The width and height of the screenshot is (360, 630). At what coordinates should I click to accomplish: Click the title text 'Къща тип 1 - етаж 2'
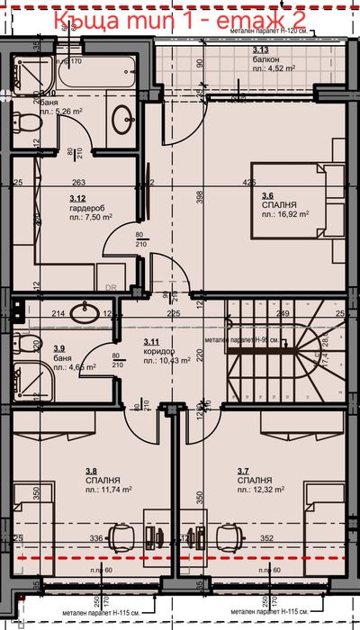click(x=179, y=19)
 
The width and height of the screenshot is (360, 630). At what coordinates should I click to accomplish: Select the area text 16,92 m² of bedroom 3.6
click(x=285, y=215)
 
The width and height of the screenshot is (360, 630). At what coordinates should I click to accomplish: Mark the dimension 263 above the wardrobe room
click(x=78, y=184)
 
